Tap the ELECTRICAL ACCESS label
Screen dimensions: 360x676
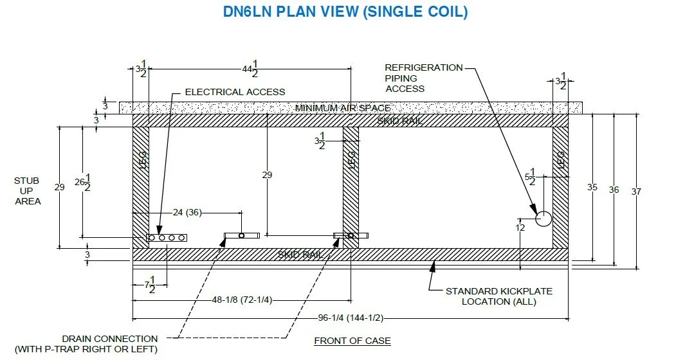235,92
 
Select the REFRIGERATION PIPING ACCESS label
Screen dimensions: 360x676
423,77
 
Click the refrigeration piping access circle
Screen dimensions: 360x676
544,219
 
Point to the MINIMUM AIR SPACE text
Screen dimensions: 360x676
342,107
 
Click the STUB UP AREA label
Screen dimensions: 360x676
26,191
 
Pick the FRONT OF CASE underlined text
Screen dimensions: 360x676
352,341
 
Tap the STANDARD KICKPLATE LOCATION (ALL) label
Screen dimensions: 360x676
498,296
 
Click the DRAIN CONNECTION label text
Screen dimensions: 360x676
110,344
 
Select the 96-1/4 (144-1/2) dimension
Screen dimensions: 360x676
350,318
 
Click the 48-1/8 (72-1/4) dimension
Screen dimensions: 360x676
241,300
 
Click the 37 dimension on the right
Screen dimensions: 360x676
636,190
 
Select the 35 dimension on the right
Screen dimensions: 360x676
592,187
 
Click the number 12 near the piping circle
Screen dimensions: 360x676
520,227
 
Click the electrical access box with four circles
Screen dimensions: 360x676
167,238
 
